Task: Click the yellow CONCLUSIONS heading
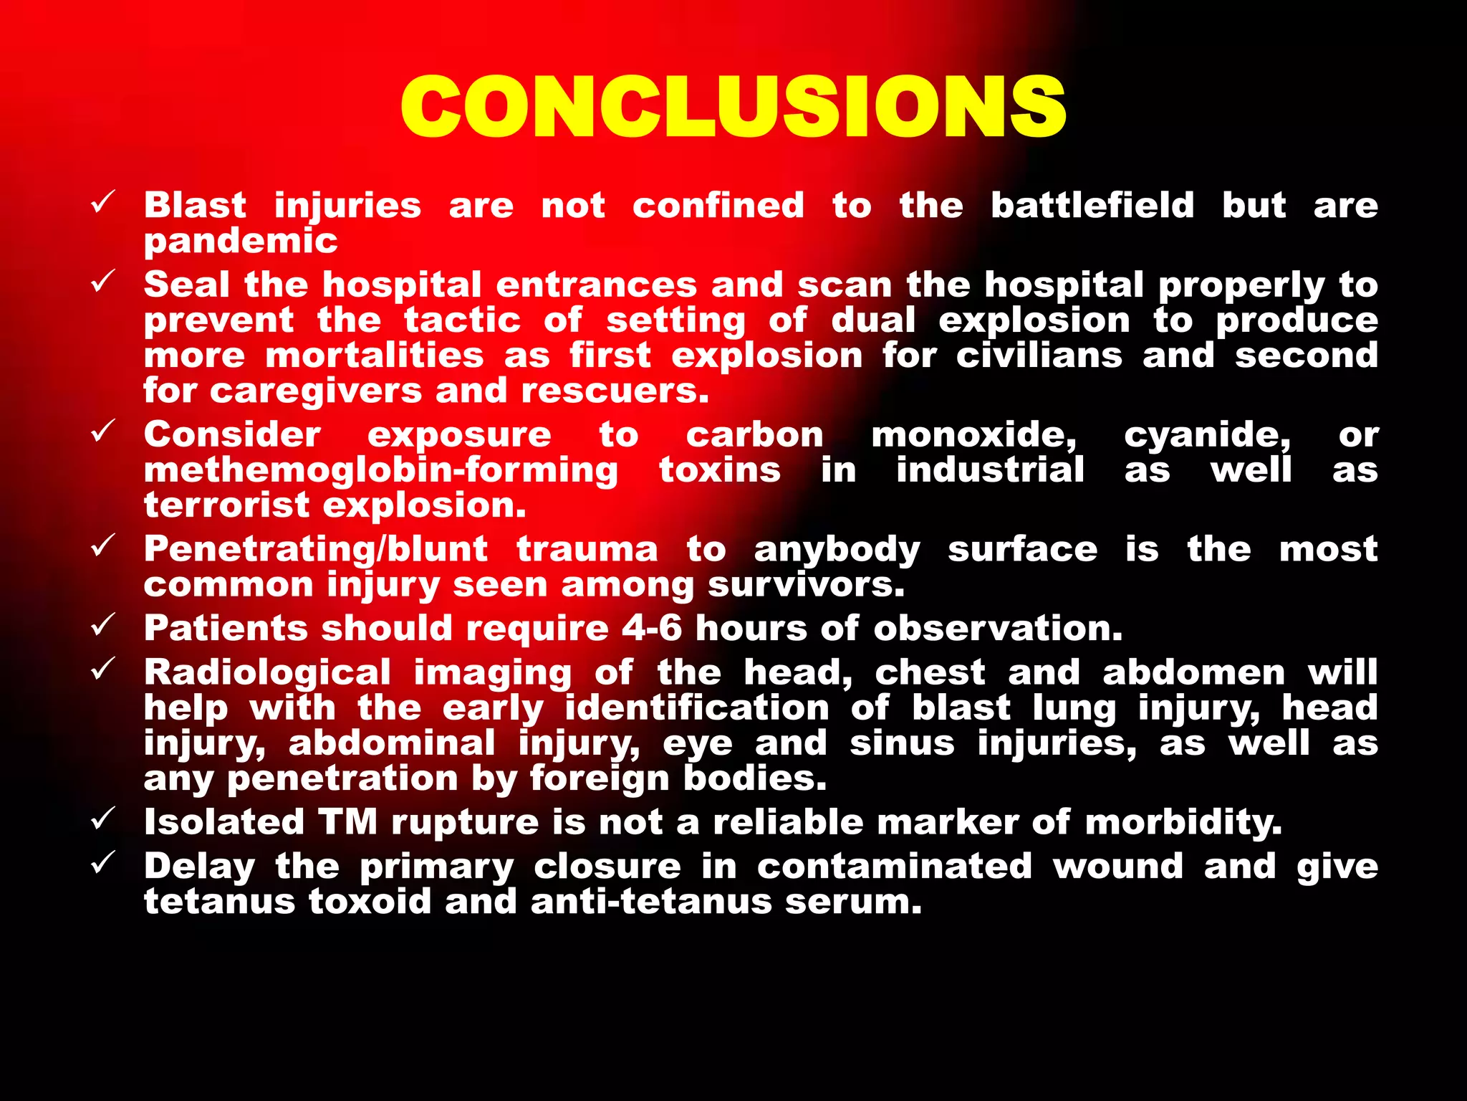click(733, 107)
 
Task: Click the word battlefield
click(1092, 206)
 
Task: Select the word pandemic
click(241, 242)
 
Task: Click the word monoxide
click(973, 435)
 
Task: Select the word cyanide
click(1207, 435)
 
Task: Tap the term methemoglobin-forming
click(380, 470)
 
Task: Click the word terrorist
click(226, 505)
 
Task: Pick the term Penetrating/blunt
click(316, 550)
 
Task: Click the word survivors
click(806, 585)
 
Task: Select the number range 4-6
click(651, 629)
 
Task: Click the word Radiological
click(267, 673)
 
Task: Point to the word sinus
click(902, 743)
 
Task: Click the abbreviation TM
click(348, 822)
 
